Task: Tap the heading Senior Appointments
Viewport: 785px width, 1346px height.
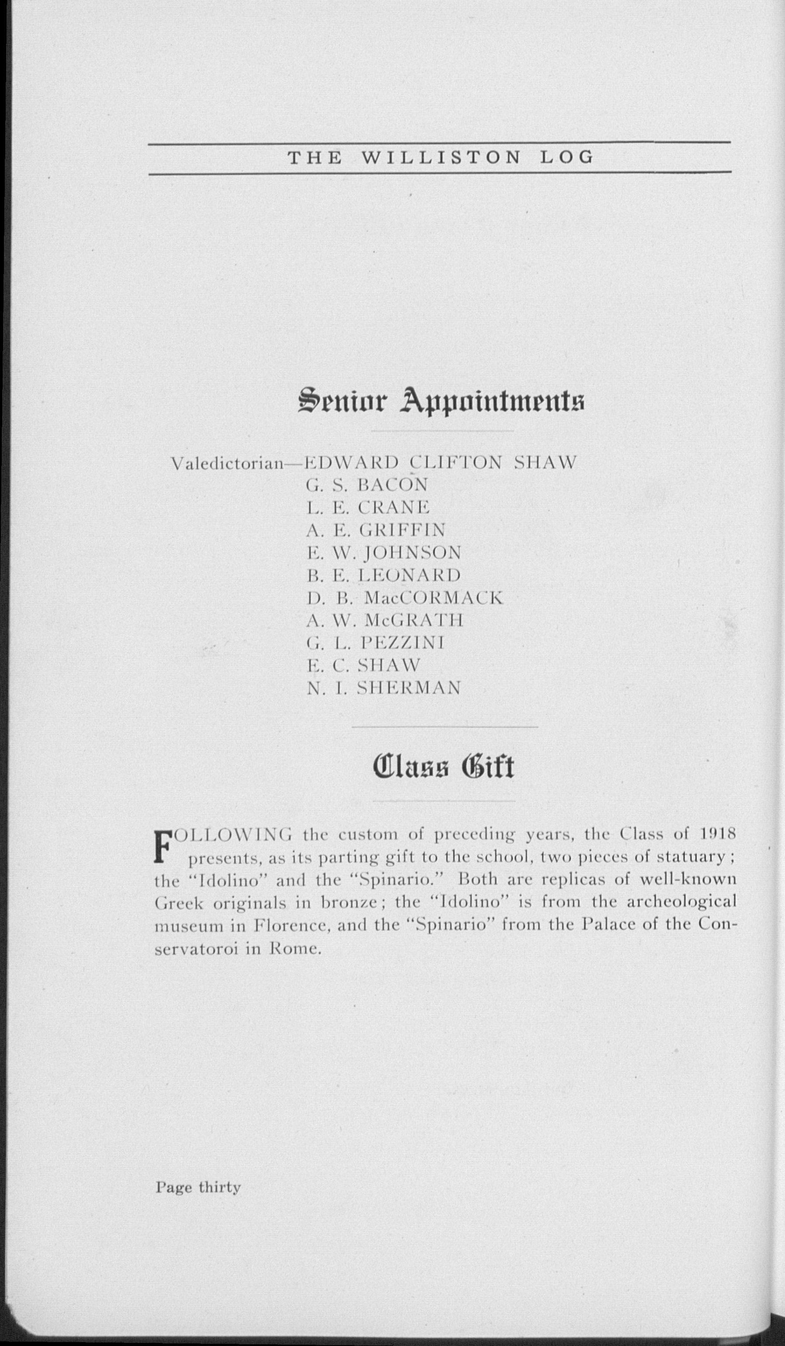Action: (x=441, y=402)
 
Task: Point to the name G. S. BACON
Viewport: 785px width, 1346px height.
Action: (x=367, y=485)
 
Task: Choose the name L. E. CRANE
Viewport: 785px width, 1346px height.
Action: (x=368, y=507)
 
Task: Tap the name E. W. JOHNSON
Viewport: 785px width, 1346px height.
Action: (x=384, y=552)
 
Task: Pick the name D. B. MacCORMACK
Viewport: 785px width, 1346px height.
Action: (x=405, y=598)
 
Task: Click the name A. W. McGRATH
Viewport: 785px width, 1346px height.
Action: (x=385, y=620)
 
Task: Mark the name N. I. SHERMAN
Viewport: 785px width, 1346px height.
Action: (x=384, y=688)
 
